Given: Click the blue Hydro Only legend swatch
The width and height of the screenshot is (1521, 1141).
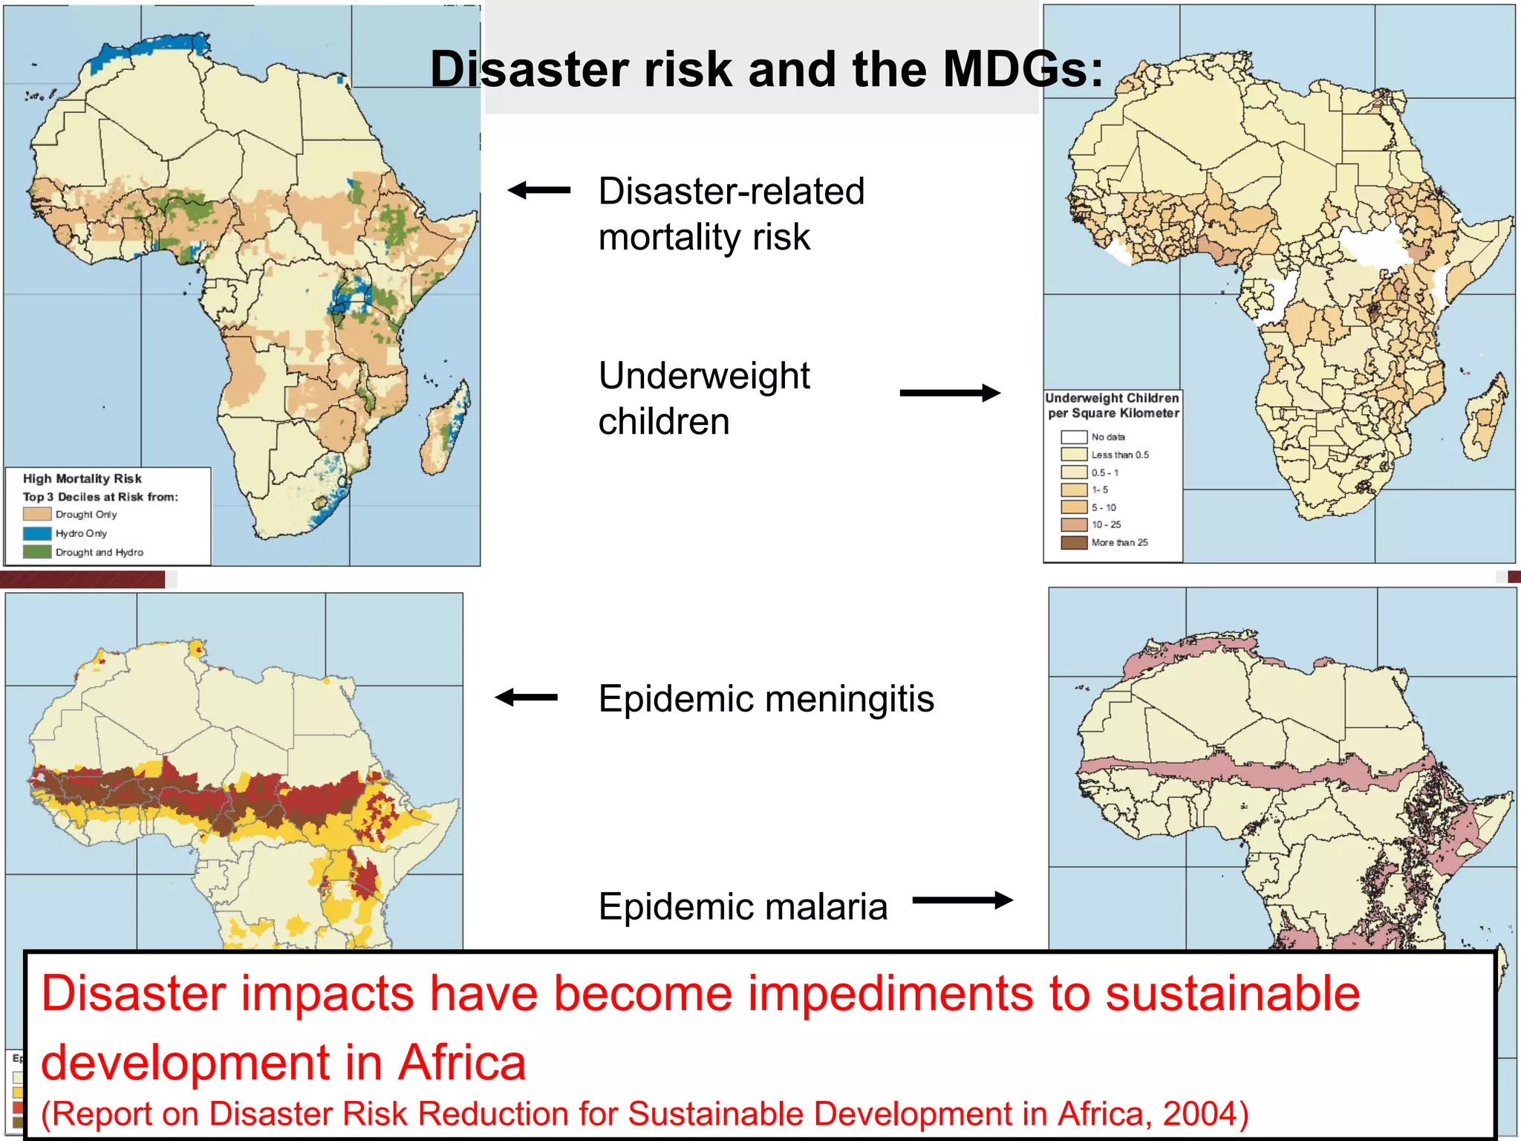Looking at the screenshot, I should (37, 533).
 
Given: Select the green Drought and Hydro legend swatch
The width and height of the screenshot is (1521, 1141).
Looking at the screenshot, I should (37, 552).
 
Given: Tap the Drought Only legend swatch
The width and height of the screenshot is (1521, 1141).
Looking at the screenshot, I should (37, 514).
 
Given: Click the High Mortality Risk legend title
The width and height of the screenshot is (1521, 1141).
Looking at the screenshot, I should (82, 479).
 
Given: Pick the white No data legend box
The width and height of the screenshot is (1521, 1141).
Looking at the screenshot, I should (1074, 437).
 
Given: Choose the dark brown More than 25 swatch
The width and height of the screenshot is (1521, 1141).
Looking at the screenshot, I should (1074, 542).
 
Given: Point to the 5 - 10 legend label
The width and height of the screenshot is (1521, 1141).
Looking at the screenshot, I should (1104, 507).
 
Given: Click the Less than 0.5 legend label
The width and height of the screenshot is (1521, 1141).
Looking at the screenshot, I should (1119, 455).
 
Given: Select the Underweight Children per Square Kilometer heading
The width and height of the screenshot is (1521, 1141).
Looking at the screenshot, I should (1113, 406).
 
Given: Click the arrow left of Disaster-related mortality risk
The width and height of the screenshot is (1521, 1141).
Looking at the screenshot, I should (539, 190).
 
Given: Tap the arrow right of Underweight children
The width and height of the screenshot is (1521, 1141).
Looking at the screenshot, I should (950, 393).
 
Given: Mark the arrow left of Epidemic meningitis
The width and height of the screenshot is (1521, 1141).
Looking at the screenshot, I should (527, 697).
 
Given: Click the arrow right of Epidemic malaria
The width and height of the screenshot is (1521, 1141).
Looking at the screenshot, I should (963, 900).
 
